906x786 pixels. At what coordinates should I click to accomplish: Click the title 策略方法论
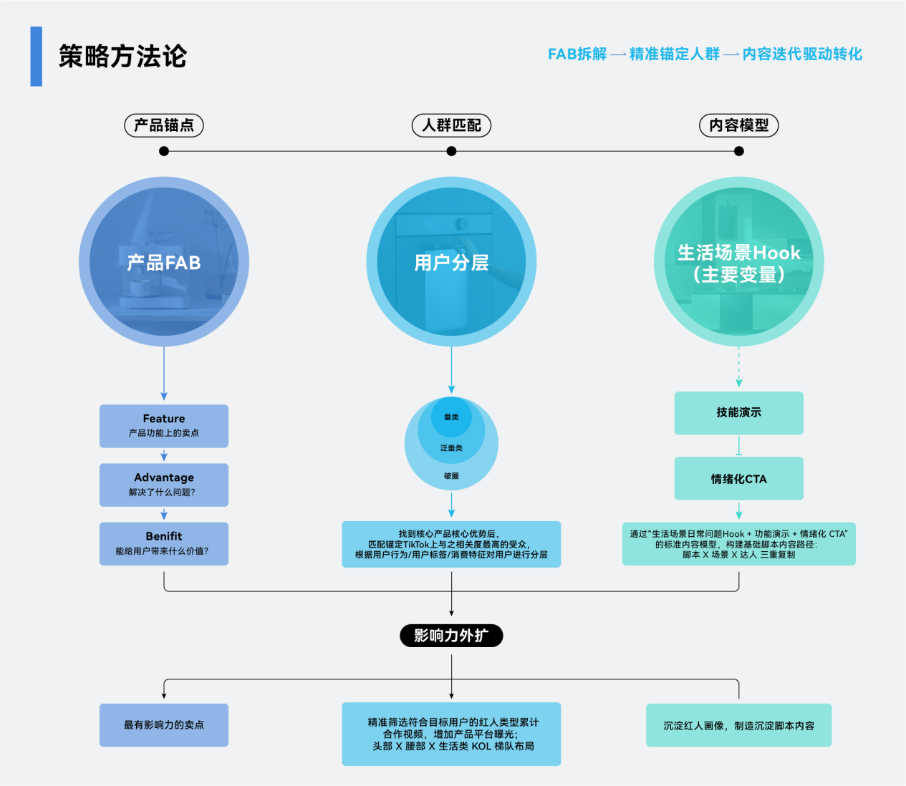(x=122, y=57)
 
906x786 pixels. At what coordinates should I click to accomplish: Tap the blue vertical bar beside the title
(x=36, y=57)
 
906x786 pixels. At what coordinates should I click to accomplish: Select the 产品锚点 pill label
(x=164, y=125)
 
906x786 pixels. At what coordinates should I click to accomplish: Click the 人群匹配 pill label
(x=451, y=125)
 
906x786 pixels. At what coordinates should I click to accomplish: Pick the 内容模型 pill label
(x=738, y=125)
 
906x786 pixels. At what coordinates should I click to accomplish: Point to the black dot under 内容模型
(x=739, y=151)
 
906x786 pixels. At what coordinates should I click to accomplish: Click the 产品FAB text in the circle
(x=164, y=263)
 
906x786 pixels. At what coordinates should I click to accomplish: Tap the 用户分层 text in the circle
(x=451, y=263)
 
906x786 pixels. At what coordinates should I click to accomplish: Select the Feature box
(x=164, y=426)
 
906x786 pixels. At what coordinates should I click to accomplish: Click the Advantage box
(x=164, y=485)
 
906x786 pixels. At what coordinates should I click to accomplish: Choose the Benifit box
(x=164, y=543)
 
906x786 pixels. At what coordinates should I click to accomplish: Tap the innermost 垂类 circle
(x=451, y=417)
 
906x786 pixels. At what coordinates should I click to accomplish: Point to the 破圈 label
(x=451, y=476)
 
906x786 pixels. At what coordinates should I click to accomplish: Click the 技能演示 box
(x=738, y=412)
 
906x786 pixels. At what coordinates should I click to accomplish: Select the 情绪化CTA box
(x=738, y=479)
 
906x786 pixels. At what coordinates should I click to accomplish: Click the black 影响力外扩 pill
(x=451, y=636)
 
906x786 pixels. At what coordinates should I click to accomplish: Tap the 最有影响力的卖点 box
(x=164, y=725)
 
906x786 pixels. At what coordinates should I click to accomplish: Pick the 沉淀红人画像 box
(x=738, y=725)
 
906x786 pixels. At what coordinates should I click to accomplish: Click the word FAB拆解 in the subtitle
(x=577, y=54)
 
